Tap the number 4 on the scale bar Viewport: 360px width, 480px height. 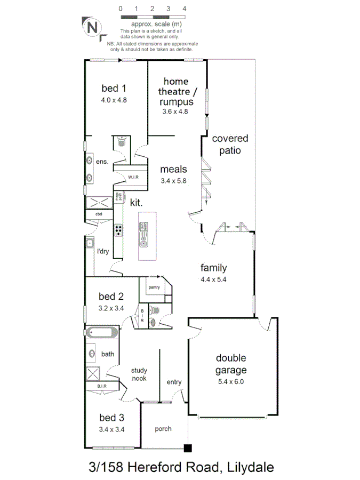tap(184, 9)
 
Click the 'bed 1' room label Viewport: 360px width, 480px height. tap(114, 89)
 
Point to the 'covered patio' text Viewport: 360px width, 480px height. tap(230, 144)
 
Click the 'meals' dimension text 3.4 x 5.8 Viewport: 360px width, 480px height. tap(174, 181)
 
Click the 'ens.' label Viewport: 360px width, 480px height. tap(102, 162)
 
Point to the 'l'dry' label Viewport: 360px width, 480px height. tap(102, 251)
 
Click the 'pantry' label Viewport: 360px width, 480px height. tap(155, 287)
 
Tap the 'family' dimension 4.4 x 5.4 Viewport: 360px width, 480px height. tap(213, 279)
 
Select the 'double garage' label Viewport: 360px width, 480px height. tap(231, 364)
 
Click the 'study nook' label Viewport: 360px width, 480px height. tap(139, 374)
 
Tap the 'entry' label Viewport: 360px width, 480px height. tap(174, 382)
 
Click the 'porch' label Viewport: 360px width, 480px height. tap(163, 429)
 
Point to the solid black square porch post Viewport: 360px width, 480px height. tap(187, 448)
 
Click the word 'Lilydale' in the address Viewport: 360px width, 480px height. tap(250, 468)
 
